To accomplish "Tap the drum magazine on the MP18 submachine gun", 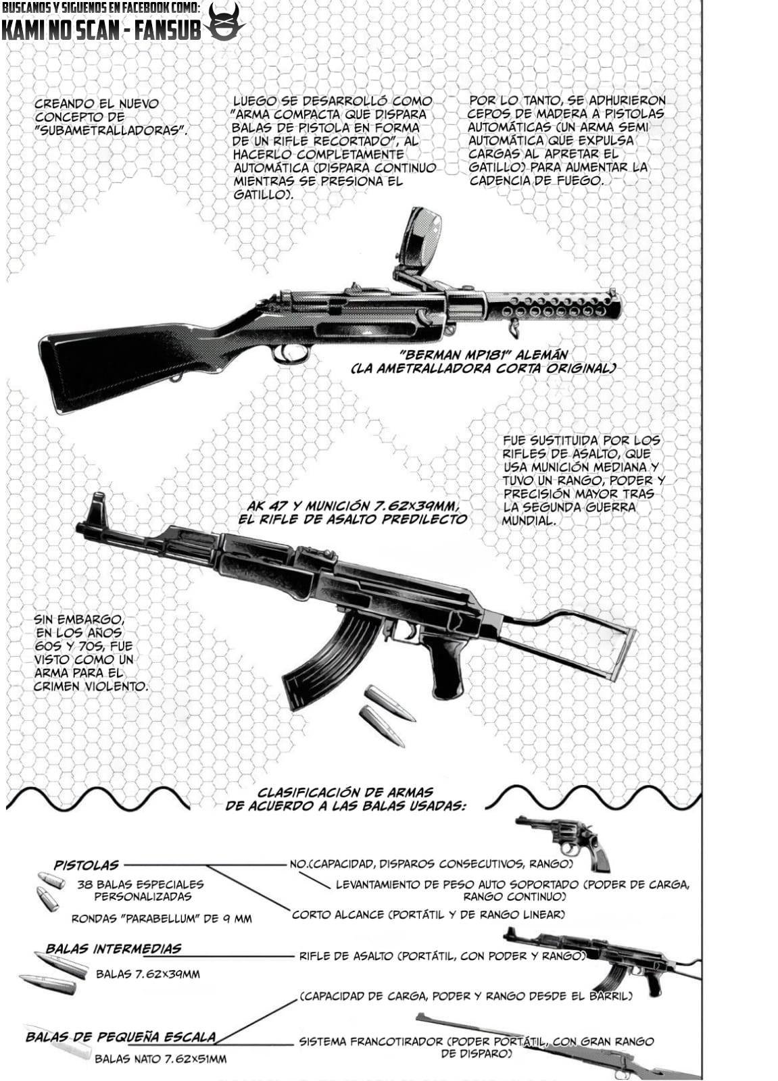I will click(x=421, y=238).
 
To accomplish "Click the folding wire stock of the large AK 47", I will click(x=575, y=645).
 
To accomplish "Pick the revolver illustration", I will click(x=566, y=840).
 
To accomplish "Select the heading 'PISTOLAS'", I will click(x=87, y=865).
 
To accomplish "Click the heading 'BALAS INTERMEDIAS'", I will click(x=114, y=949).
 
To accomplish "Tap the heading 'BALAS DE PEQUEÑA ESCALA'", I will click(x=121, y=1036).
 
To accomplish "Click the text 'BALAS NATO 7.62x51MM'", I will click(x=160, y=1059).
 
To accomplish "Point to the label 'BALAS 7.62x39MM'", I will click(x=147, y=974).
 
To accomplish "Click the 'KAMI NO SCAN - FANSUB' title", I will click(x=101, y=30).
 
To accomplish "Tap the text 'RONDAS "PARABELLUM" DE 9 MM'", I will click(x=162, y=919).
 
